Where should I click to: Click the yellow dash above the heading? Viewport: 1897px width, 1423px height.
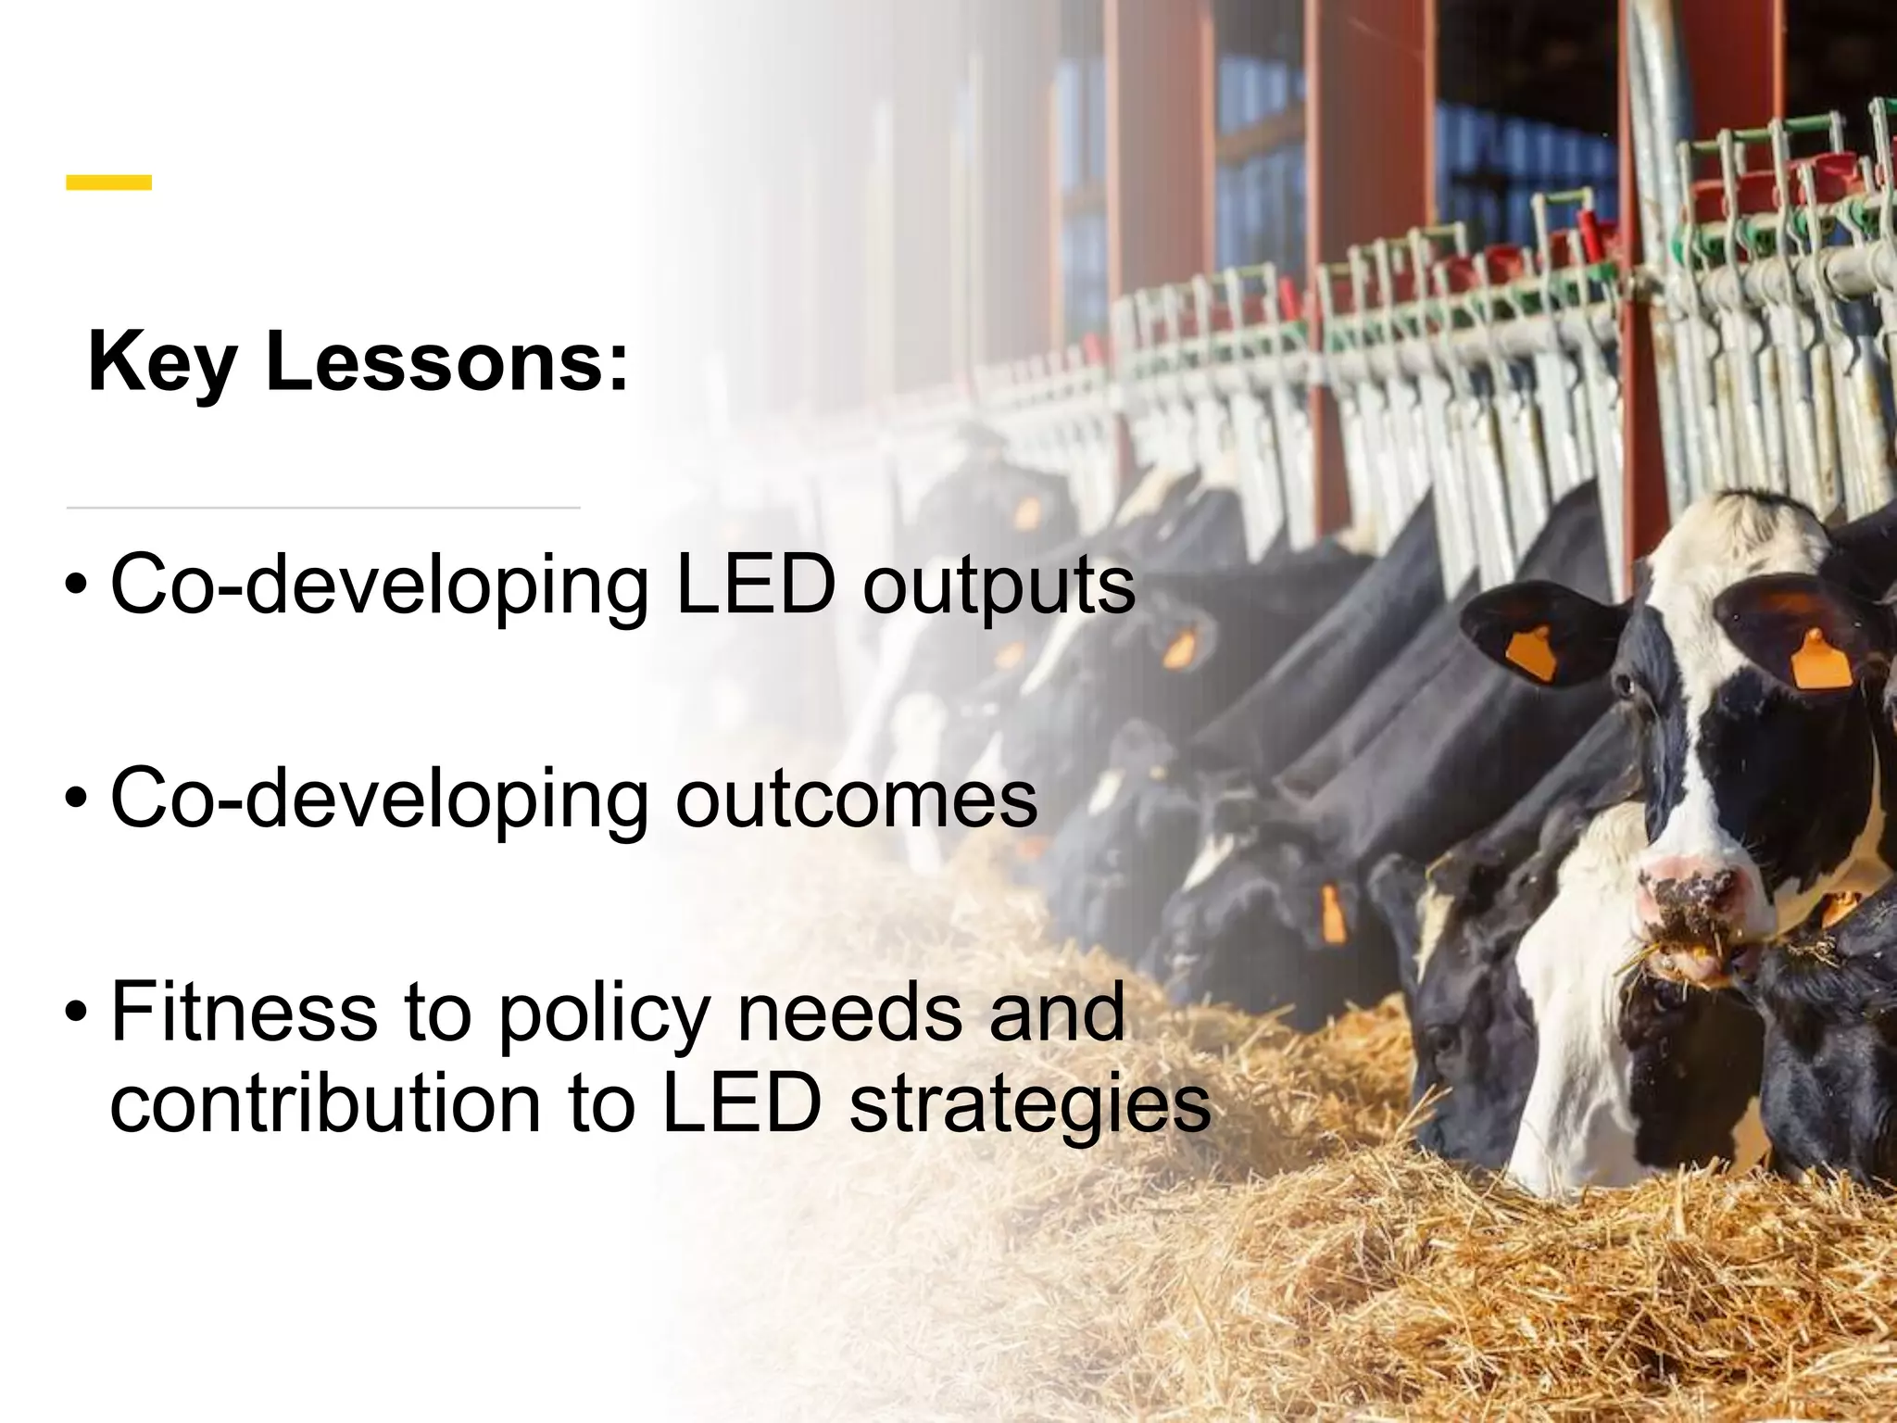108,183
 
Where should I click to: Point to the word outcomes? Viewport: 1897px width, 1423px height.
856,799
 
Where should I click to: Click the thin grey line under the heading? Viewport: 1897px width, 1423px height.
323,508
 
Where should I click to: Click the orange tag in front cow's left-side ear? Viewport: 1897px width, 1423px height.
1533,651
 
